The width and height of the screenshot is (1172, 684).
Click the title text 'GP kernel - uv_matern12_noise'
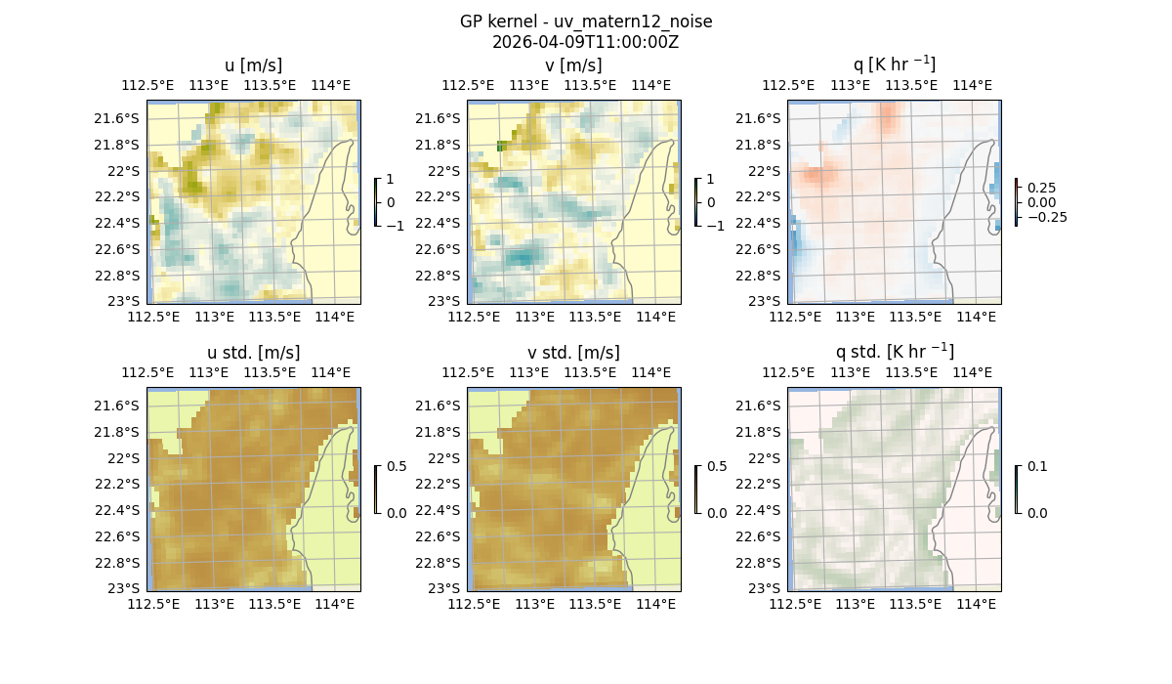click(x=585, y=21)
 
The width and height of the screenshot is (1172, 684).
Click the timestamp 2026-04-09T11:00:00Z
click(x=585, y=42)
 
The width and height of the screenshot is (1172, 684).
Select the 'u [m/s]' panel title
click(x=253, y=65)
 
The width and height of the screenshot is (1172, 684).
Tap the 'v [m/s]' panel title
click(x=573, y=65)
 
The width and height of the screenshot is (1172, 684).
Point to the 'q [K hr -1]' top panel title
click(x=894, y=64)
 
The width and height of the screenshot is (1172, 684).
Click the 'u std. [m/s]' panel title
click(x=253, y=353)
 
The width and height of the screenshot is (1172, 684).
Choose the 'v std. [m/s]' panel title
click(x=573, y=353)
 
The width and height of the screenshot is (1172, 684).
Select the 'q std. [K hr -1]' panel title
click(x=894, y=352)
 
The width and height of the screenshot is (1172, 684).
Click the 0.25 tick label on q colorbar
click(x=1041, y=188)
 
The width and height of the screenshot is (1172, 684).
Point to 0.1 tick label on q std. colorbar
click(x=1035, y=467)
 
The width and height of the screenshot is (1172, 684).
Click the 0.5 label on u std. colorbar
click(x=397, y=467)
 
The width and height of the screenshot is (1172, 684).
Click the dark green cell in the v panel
click(x=501, y=146)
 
